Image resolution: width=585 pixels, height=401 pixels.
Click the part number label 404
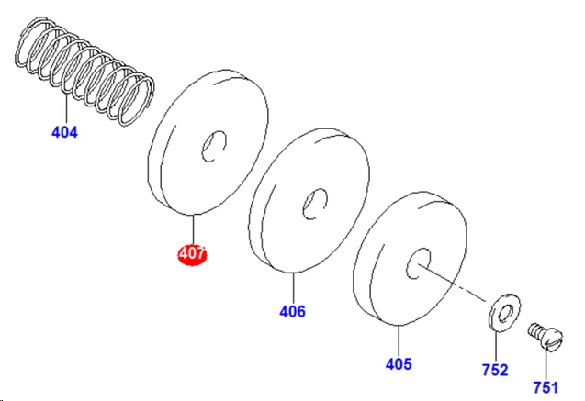pos(64,132)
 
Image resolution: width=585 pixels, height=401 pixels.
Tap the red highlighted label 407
pos(192,254)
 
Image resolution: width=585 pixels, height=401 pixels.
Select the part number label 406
pos(292,311)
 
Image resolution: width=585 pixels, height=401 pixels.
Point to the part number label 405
pos(399,364)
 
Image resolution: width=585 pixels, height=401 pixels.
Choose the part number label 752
pos(495,370)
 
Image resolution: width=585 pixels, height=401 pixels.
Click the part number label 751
pos(546,387)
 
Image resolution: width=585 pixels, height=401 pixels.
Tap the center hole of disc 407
pos(214,146)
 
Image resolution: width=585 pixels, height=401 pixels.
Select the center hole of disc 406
pos(315,204)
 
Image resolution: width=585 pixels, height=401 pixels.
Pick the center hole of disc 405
pos(418,263)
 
